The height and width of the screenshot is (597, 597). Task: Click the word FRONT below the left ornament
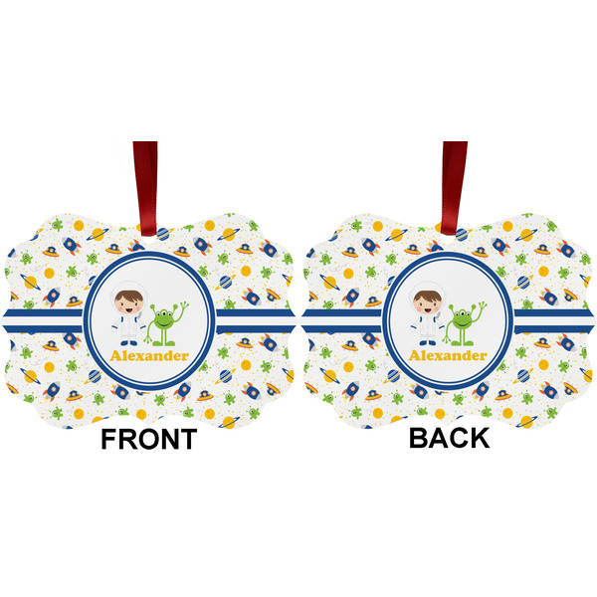148,439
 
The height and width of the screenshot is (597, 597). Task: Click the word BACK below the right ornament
449,439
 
